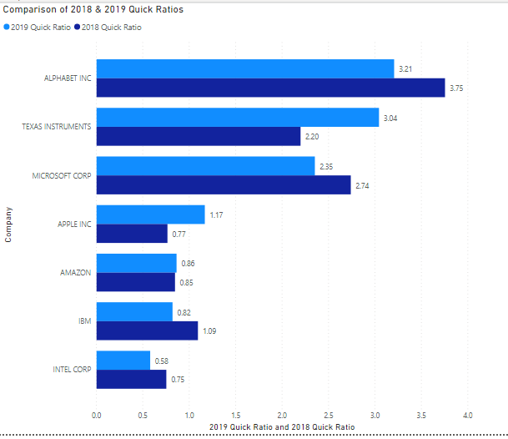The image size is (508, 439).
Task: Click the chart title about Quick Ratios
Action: click(x=93, y=11)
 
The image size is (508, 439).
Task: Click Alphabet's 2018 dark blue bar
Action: click(x=270, y=88)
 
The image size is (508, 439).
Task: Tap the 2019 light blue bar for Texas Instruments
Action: click(x=237, y=118)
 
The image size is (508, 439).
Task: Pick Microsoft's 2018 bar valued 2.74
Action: click(x=223, y=184)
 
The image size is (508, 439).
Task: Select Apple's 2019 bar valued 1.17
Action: click(x=150, y=214)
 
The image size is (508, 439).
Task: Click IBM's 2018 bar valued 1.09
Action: click(x=147, y=331)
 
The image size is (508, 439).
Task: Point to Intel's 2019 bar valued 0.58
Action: click(x=123, y=360)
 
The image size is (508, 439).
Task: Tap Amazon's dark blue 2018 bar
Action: click(x=135, y=282)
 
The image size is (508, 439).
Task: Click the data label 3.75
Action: click(x=456, y=88)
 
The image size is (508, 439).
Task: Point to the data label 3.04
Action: click(x=390, y=118)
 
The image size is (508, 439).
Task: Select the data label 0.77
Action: click(x=179, y=234)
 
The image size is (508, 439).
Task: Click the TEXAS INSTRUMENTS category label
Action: click(x=57, y=127)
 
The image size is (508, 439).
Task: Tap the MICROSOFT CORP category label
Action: click(x=62, y=175)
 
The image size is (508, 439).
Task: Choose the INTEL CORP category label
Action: click(x=71, y=369)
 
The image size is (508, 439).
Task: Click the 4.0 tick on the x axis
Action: click(x=467, y=414)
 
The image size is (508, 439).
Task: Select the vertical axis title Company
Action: click(x=8, y=224)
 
